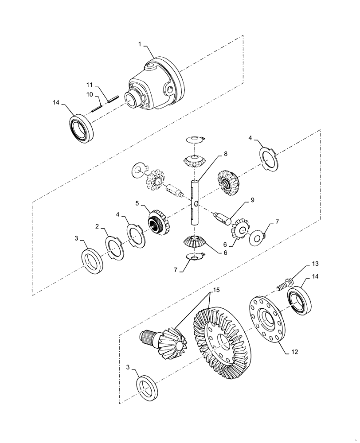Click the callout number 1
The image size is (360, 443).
140,45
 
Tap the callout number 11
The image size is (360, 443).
89,84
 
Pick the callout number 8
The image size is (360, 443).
225,154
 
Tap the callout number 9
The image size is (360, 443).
252,200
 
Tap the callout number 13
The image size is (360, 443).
302,264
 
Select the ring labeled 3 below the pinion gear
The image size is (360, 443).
148,388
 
